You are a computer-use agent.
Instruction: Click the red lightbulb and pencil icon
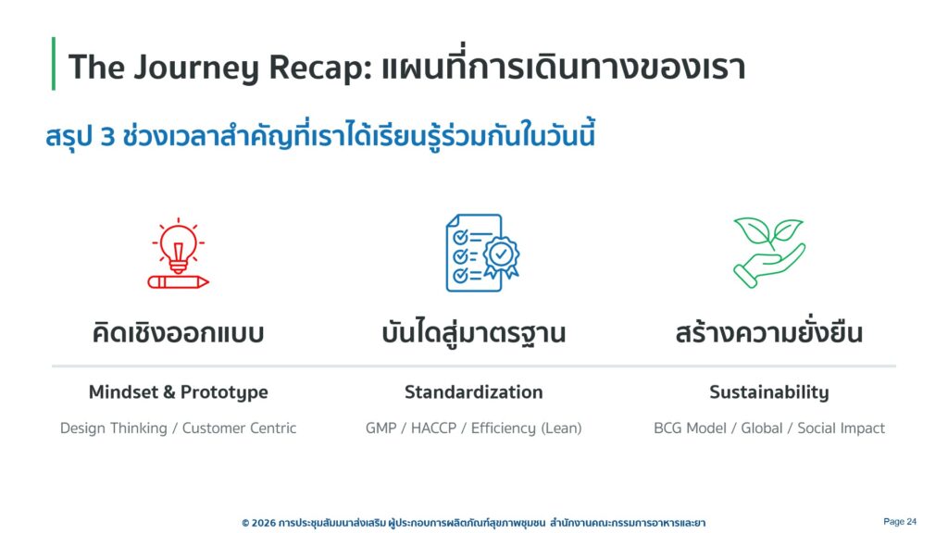click(x=179, y=254)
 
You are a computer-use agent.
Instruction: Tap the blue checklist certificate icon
click(x=481, y=253)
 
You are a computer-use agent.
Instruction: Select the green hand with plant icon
click(x=769, y=252)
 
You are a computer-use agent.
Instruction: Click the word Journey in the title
click(x=196, y=67)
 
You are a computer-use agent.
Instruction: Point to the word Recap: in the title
click(x=320, y=68)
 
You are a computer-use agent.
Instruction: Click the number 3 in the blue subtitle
click(x=107, y=137)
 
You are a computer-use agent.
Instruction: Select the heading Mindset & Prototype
click(x=179, y=392)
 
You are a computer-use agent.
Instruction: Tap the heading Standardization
click(x=474, y=392)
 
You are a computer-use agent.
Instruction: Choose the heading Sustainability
click(x=769, y=392)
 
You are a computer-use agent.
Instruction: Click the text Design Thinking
click(x=114, y=428)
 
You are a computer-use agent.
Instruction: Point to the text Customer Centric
click(x=240, y=428)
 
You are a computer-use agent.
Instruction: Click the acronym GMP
click(x=380, y=428)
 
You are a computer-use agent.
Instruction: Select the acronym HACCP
click(x=433, y=428)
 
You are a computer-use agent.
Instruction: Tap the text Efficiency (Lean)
click(x=527, y=428)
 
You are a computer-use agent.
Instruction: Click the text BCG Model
click(x=690, y=428)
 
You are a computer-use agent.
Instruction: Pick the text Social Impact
click(x=841, y=428)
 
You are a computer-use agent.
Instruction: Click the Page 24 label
click(x=900, y=522)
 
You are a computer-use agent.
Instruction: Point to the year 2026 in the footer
click(x=264, y=523)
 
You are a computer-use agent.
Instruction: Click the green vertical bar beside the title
click(x=54, y=64)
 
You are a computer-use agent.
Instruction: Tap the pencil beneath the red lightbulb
click(x=179, y=281)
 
